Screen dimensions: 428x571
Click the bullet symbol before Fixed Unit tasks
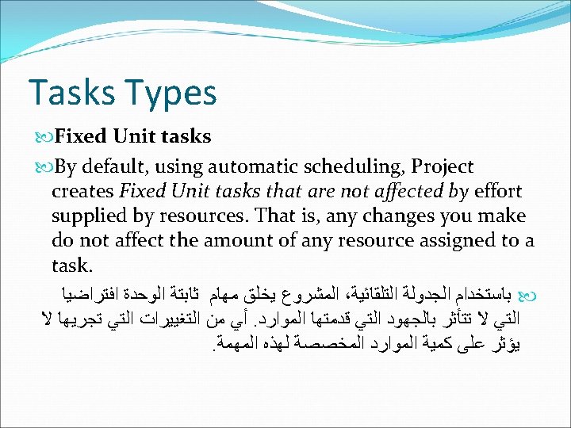point(44,136)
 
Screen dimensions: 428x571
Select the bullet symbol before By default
point(44,167)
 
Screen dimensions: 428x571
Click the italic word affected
point(386,191)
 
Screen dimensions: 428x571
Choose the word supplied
point(89,216)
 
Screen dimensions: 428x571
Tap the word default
point(125,167)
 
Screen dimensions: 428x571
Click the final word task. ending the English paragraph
point(72,263)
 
